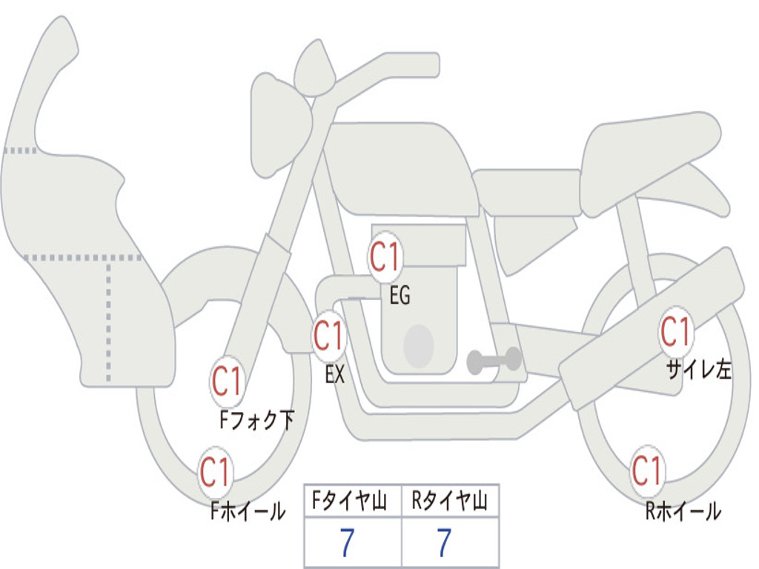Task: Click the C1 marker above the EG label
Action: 385,256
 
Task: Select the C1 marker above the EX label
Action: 329,336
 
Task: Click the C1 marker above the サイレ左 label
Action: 676,332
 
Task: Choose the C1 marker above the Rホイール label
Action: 647,470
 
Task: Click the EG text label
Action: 400,295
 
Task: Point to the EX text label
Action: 335,373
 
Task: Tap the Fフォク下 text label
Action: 256,419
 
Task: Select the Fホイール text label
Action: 248,511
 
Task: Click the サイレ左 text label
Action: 699,369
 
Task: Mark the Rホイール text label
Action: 683,510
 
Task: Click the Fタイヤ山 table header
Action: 350,501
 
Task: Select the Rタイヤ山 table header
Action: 449,501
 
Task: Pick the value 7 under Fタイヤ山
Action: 347,542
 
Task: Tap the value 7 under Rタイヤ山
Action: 445,542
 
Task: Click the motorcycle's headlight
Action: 281,126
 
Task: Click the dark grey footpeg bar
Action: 494,360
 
